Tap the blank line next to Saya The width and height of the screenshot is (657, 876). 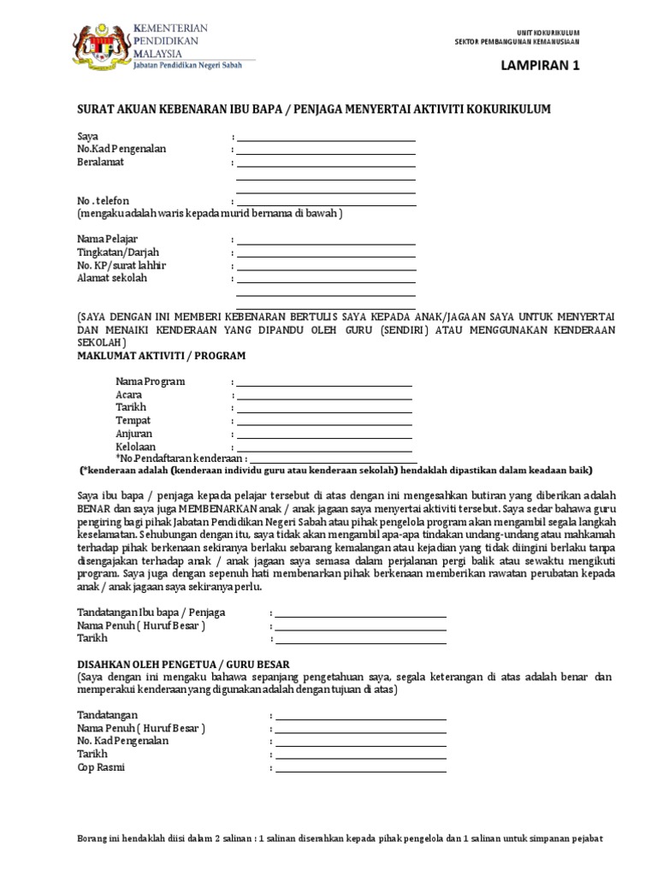point(326,139)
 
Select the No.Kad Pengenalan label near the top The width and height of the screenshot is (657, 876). point(121,149)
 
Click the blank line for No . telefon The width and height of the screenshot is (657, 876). point(326,204)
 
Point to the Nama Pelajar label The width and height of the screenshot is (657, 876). point(107,239)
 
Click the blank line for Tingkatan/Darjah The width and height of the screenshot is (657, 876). point(326,255)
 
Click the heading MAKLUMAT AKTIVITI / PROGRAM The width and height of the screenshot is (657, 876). point(162,354)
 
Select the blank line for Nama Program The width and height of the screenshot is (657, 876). point(324,385)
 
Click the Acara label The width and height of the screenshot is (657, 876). point(129,394)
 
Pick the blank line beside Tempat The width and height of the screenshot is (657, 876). point(324,423)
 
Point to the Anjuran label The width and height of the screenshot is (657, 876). point(134,434)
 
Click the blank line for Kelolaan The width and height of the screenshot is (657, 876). point(324,450)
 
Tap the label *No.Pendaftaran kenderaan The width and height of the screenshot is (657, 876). point(180,459)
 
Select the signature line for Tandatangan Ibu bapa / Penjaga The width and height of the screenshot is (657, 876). point(360,616)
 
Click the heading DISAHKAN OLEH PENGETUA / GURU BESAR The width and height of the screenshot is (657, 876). point(183,664)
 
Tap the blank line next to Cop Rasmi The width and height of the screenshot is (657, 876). point(360,771)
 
